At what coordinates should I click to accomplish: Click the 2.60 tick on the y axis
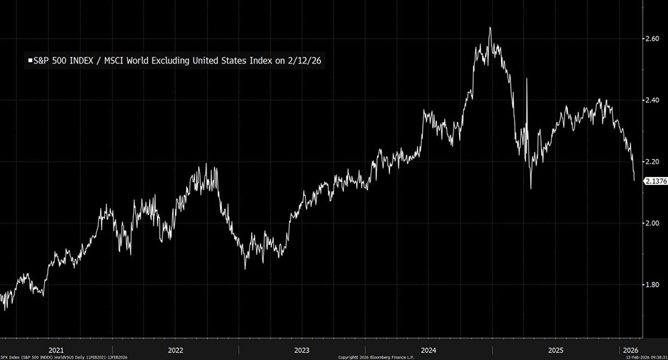pos(652,39)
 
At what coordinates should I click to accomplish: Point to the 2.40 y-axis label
pos(652,100)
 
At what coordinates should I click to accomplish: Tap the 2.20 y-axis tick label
pos(652,162)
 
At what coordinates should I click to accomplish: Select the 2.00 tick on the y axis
pos(652,223)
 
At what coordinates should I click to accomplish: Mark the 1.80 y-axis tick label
pos(652,285)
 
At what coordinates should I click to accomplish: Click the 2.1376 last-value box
pos(653,181)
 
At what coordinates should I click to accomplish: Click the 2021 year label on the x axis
pos(56,349)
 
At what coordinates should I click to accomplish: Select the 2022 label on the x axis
pos(176,349)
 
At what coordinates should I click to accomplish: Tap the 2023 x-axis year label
pos(301,349)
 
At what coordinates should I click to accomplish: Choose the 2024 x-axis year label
pos(428,349)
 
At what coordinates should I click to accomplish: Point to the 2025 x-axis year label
pos(555,349)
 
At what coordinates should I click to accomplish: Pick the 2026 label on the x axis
pos(629,349)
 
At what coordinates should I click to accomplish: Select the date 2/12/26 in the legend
pos(308,61)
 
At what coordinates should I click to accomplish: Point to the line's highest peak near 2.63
pos(490,28)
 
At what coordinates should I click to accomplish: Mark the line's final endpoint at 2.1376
pos(634,179)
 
